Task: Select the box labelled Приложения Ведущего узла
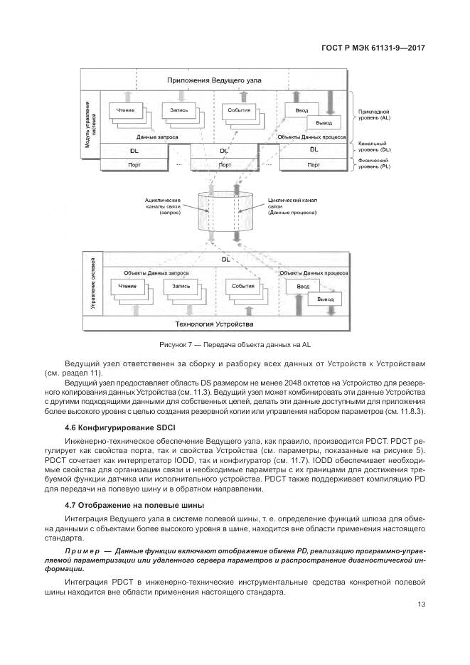click(x=225, y=80)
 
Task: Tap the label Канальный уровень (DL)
click(x=377, y=148)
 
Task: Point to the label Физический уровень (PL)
click(x=377, y=166)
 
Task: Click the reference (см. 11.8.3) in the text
click(x=405, y=411)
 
